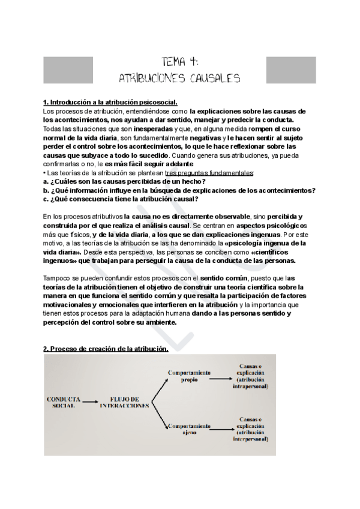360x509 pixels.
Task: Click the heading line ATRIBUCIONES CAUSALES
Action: point(180,78)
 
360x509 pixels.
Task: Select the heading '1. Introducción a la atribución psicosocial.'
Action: point(110,103)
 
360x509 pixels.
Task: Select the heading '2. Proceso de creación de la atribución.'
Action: point(106,349)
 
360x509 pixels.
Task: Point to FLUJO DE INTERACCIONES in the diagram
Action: point(125,402)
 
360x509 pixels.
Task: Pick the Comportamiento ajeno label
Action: point(187,428)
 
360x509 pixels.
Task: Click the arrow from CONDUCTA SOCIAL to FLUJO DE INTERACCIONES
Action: point(94,402)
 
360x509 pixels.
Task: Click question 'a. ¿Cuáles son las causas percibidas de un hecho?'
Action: point(125,182)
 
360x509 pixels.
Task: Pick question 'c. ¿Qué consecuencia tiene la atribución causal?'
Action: point(122,199)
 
